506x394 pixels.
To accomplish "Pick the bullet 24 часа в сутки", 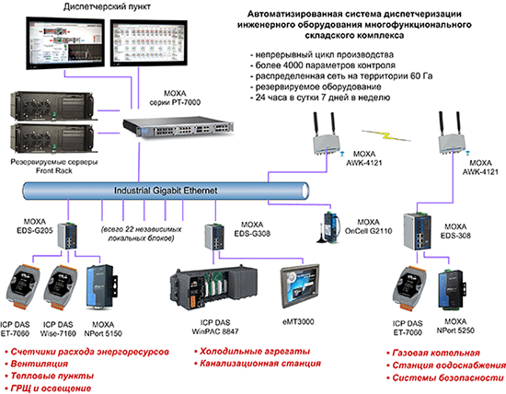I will [335, 97].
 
